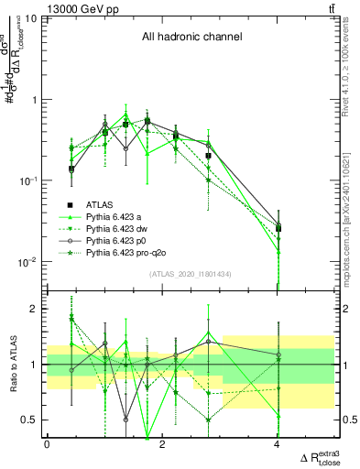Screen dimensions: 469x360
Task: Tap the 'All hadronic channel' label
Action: (x=191, y=38)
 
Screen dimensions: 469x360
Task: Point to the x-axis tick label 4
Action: (x=278, y=444)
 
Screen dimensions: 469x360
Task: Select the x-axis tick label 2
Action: (x=162, y=444)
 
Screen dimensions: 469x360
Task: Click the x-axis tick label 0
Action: (x=47, y=444)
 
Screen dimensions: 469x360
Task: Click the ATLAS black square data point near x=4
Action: (x=278, y=228)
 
